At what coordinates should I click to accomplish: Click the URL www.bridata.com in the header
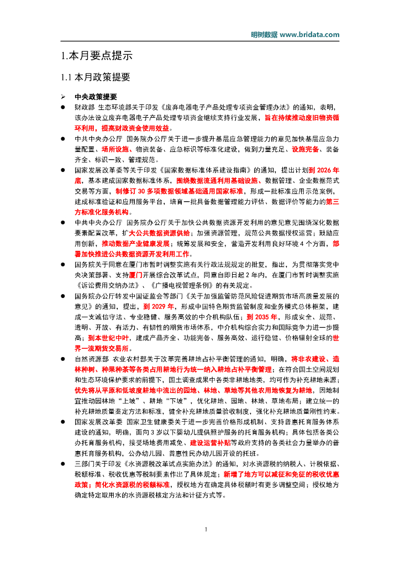point(310,34)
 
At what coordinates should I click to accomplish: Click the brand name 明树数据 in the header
point(264,34)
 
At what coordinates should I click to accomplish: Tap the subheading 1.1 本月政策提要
point(95,77)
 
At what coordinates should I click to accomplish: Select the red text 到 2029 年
point(159,306)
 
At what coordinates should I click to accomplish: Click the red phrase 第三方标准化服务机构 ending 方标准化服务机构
point(102,212)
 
